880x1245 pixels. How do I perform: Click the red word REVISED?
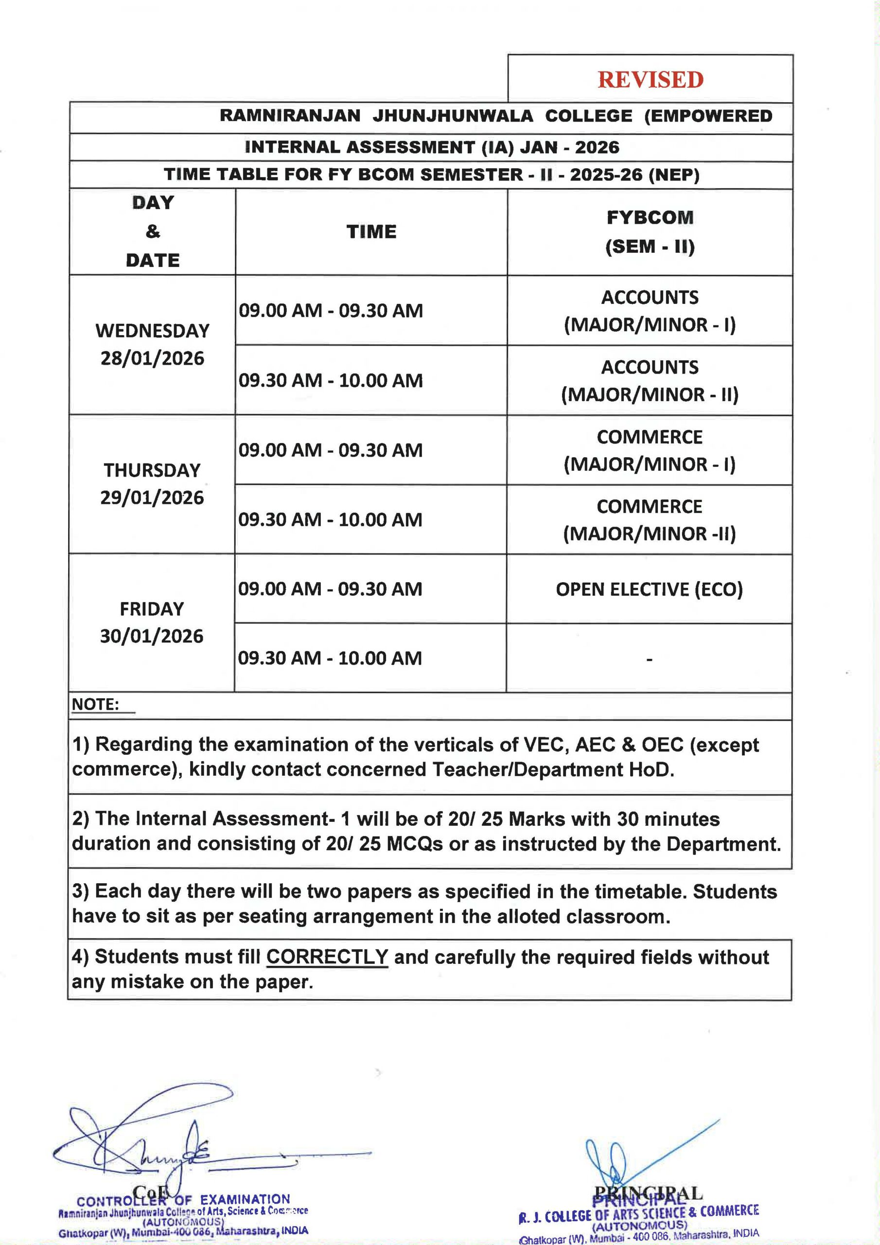650,80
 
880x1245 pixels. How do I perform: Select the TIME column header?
371,232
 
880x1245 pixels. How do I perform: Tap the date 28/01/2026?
152,358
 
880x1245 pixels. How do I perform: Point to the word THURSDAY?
152,470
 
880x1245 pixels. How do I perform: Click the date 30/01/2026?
152,636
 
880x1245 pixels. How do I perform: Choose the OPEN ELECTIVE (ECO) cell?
649,589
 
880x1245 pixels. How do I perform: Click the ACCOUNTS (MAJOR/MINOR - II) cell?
650,381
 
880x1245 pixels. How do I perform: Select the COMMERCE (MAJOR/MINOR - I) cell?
650,450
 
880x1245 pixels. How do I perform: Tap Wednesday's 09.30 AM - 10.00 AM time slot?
331,381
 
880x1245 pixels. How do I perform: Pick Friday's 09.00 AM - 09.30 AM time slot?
330,589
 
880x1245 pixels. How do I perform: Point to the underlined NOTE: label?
95,705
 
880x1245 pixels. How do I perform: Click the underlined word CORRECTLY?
327,957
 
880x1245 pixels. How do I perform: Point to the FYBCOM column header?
650,217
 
